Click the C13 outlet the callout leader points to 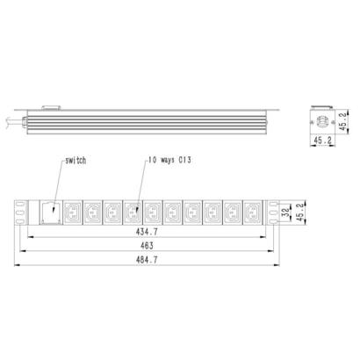(x=133, y=211)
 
